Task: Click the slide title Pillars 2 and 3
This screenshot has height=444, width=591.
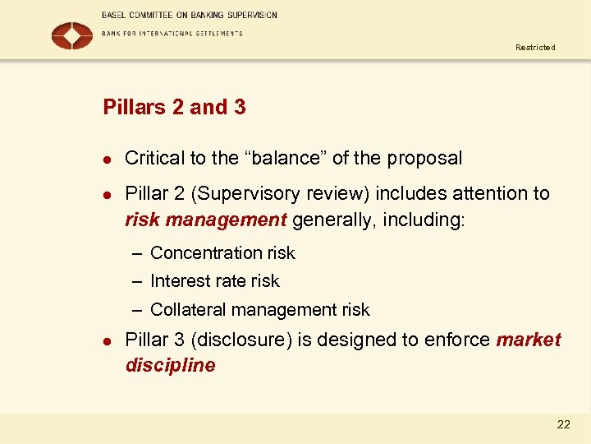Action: (174, 107)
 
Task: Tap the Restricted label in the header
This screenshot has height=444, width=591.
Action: (535, 48)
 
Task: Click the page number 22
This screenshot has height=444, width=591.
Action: (563, 424)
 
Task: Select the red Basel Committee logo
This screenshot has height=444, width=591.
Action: (72, 35)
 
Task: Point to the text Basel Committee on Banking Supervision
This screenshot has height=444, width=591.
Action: (190, 15)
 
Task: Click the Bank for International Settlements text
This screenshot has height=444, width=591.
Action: (172, 34)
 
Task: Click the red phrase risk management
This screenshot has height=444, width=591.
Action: (205, 220)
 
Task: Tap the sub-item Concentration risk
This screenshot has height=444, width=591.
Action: (222, 253)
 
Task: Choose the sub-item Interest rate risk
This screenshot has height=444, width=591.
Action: (214, 281)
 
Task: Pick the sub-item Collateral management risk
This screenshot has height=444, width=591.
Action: (259, 310)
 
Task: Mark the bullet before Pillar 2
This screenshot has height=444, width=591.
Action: (106, 195)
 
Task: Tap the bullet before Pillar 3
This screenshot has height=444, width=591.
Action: (106, 340)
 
